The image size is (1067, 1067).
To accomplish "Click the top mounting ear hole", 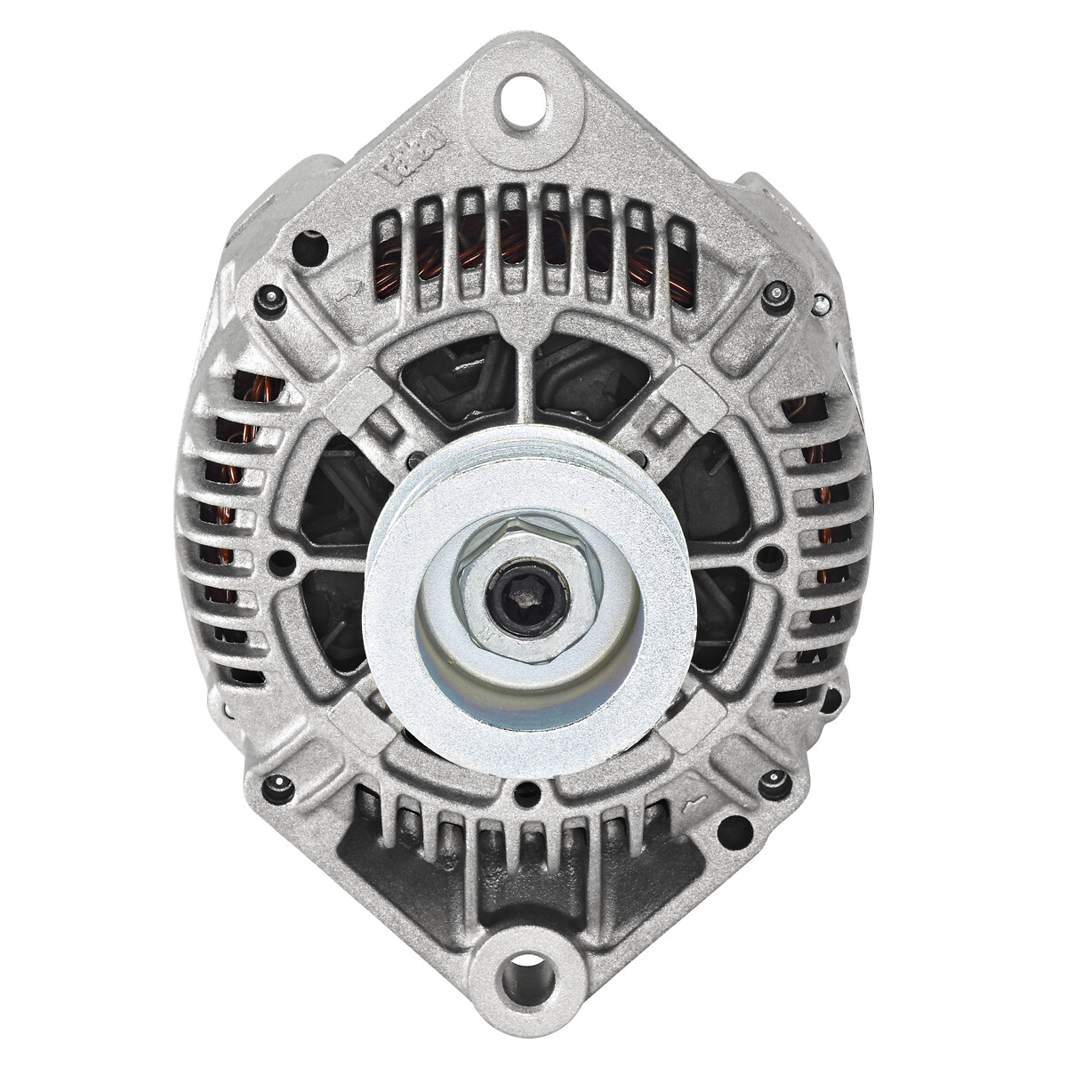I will click(x=524, y=100).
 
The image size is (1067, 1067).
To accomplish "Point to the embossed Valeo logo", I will click(x=411, y=156).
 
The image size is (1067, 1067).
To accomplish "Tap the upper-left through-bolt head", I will click(x=269, y=301).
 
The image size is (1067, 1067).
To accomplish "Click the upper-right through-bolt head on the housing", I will click(x=777, y=296).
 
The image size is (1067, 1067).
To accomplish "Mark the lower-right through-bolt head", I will click(x=775, y=782).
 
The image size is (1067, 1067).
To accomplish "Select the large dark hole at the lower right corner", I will click(x=734, y=831).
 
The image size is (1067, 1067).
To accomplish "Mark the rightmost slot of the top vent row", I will click(x=679, y=253).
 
